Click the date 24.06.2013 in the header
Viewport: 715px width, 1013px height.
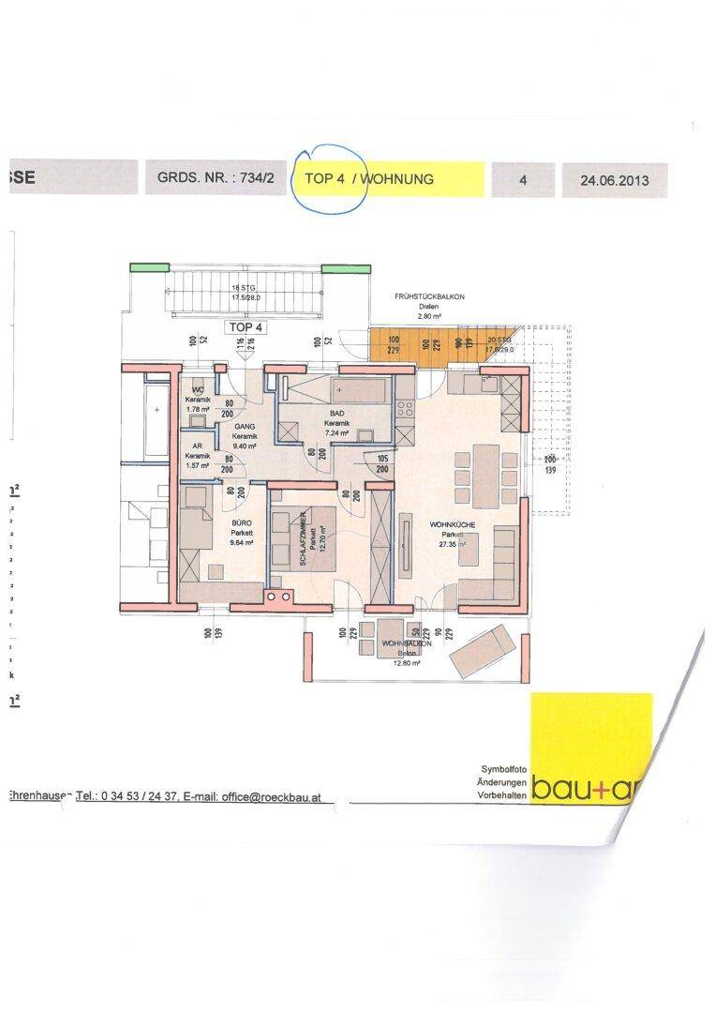pyautogui.click(x=614, y=179)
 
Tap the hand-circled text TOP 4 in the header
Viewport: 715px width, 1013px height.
pyautogui.click(x=325, y=178)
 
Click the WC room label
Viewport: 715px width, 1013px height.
pyautogui.click(x=198, y=390)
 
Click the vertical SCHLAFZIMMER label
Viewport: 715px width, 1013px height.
pyautogui.click(x=305, y=542)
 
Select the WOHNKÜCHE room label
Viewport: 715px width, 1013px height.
pyautogui.click(x=454, y=526)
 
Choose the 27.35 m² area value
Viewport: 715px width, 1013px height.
pyautogui.click(x=454, y=544)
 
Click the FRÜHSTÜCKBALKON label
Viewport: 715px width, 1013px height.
pyautogui.click(x=430, y=297)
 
